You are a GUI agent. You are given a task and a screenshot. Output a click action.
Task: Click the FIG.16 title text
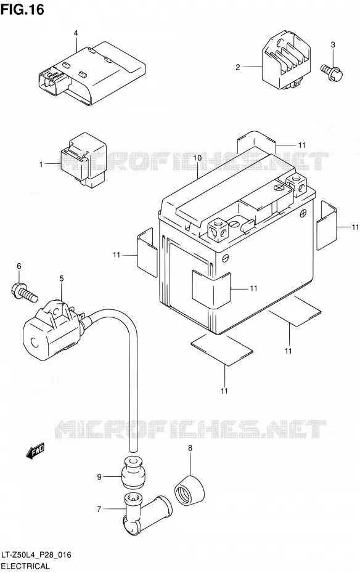click(22, 9)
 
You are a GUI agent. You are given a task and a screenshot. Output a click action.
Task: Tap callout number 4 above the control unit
click(76, 33)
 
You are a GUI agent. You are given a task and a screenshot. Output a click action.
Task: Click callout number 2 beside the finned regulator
click(238, 67)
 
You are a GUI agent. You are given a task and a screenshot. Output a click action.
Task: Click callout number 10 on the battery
click(198, 158)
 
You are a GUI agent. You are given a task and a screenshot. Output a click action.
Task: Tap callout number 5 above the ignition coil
click(62, 278)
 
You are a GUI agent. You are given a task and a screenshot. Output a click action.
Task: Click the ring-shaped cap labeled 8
click(189, 490)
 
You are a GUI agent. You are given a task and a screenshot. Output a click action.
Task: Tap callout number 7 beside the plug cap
click(99, 509)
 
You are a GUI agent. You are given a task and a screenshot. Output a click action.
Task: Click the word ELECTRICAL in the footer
click(25, 566)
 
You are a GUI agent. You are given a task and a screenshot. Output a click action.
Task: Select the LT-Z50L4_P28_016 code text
click(36, 556)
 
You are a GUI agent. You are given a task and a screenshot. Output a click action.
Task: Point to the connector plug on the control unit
click(54, 81)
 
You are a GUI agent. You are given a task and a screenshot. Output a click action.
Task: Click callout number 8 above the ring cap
click(190, 448)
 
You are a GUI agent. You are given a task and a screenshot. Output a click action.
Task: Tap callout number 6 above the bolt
click(19, 266)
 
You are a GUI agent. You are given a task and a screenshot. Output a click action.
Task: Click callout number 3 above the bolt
click(333, 45)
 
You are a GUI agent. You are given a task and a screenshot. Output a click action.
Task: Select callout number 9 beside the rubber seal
click(99, 476)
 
